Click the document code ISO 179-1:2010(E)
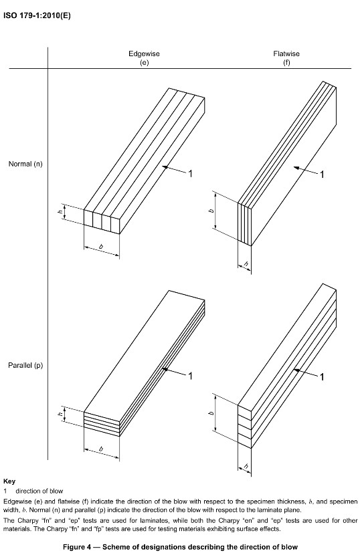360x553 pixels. pyautogui.click(x=37, y=16)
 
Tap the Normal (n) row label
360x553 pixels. pyautogui.click(x=25, y=164)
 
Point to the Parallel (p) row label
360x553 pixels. pyautogui.click(x=25, y=365)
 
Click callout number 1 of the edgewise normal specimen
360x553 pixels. pyautogui.click(x=190, y=173)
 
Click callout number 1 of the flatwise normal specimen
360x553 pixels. pyautogui.click(x=322, y=175)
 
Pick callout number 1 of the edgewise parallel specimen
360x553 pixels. pyautogui.click(x=190, y=376)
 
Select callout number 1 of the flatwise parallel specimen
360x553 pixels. pyautogui.click(x=322, y=377)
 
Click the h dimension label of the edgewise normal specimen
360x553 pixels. pyautogui.click(x=61, y=213)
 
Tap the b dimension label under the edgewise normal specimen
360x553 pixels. pyautogui.click(x=101, y=247)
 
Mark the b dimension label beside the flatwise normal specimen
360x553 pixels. pyautogui.click(x=211, y=211)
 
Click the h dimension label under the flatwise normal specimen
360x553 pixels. pyautogui.click(x=246, y=264)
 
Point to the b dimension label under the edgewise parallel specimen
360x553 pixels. pyautogui.click(x=101, y=449)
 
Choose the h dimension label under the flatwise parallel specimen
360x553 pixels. pyautogui.click(x=246, y=467)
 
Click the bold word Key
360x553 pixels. pyautogui.click(x=9, y=481)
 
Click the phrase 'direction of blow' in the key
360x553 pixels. pyautogui.click(x=39, y=491)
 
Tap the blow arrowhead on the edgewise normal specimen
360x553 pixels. pyautogui.click(x=165, y=167)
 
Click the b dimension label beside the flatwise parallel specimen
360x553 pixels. pyautogui.click(x=211, y=413)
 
